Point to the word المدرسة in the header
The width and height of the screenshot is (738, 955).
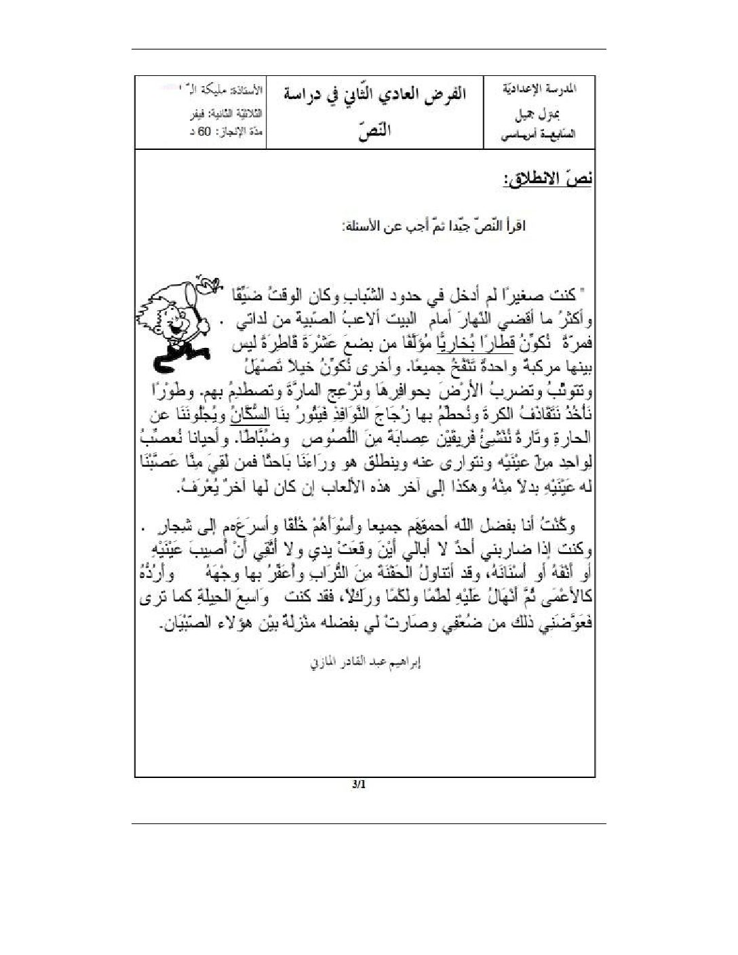coord(564,89)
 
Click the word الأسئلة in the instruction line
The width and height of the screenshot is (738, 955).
coord(365,226)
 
